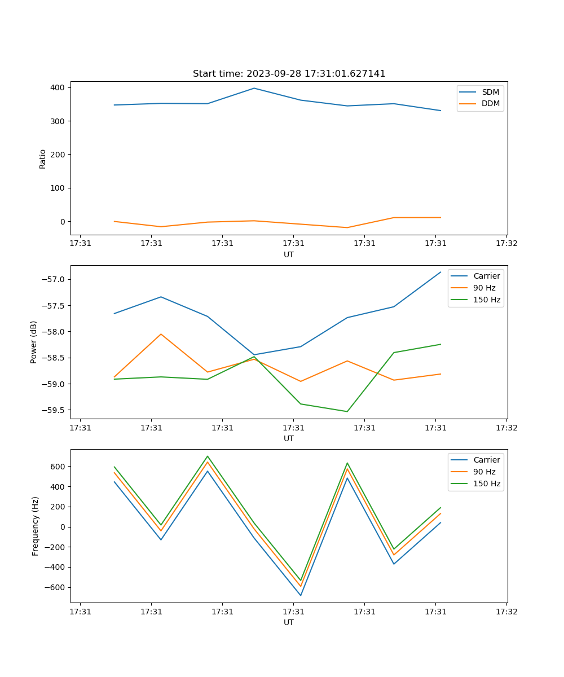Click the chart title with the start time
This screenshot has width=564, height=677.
(289, 74)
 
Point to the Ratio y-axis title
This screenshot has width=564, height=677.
(43, 159)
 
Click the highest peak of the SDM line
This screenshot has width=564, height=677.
(254, 88)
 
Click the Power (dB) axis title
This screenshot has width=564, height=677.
(34, 342)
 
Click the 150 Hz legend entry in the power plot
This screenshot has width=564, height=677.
(487, 300)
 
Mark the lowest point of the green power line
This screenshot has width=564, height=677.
(347, 411)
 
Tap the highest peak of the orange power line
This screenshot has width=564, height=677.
(161, 334)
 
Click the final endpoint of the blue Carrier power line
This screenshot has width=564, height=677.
(440, 272)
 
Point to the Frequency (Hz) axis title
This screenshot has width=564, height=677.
(35, 526)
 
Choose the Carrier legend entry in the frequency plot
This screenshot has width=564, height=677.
(487, 460)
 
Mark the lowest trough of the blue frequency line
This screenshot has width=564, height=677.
(301, 595)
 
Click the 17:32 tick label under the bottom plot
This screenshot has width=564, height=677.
(506, 611)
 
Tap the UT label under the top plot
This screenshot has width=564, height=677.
(289, 254)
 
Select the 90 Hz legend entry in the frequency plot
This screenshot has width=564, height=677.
(484, 472)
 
